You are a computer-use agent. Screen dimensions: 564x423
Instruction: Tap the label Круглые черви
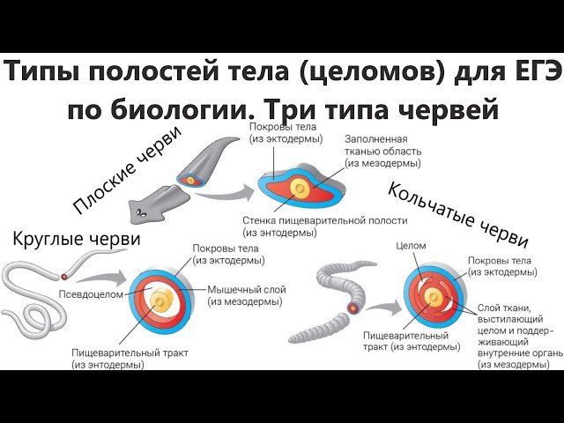pos(77,239)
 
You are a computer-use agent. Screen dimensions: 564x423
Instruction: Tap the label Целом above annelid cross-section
pos(412,246)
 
